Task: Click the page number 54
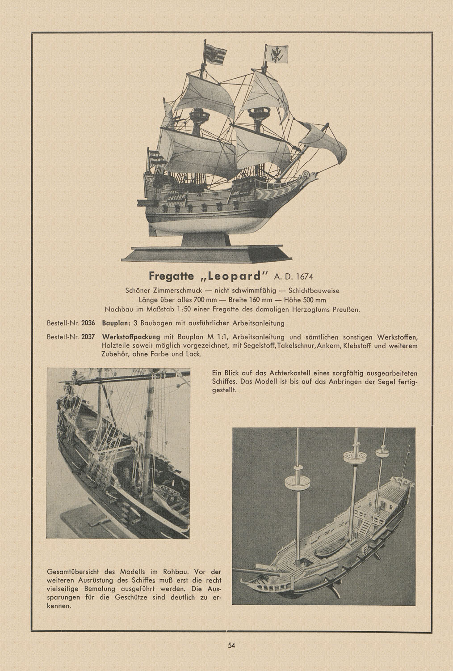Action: tap(231, 645)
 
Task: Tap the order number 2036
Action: tap(89, 323)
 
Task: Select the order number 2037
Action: tap(89, 336)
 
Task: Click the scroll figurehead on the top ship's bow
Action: tap(306, 174)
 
